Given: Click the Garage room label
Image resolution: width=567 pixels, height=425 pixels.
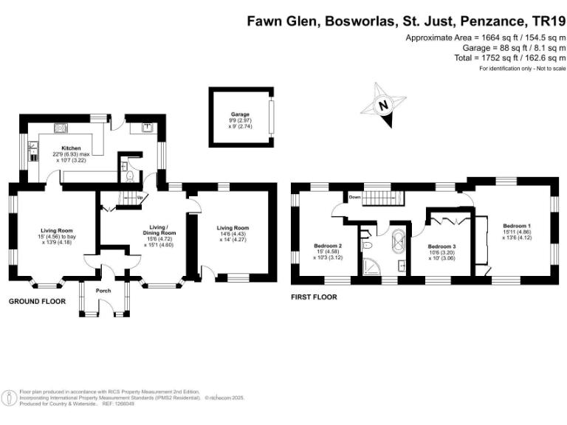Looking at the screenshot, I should pos(239,116).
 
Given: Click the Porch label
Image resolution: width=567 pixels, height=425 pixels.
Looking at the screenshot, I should pos(103,291).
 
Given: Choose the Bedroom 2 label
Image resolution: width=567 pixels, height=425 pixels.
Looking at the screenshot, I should pos(328,245).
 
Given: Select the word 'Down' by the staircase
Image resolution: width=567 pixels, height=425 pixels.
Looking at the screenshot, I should pos(355,197).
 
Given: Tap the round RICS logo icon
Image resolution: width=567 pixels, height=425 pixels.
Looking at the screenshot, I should pos(10,397).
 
